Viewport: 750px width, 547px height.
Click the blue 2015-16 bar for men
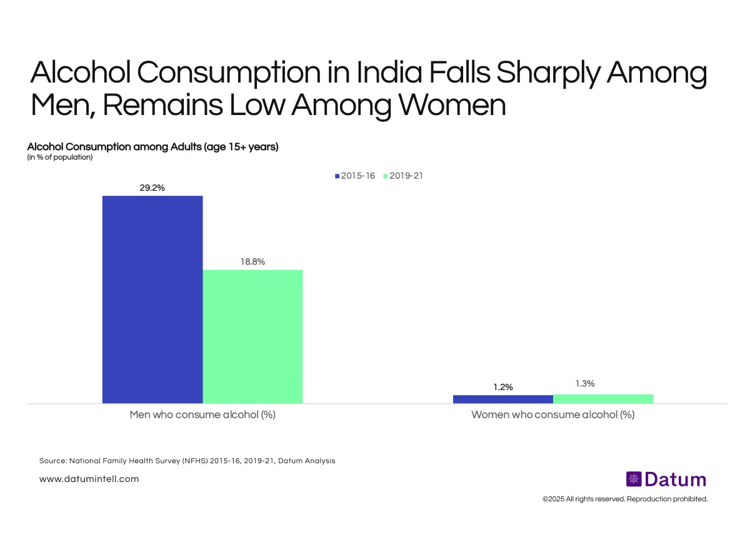click(152, 299)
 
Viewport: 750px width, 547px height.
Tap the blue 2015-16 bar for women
click(502, 399)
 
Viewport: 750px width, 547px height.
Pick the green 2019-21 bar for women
click(603, 398)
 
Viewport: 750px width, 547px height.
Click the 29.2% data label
click(152, 188)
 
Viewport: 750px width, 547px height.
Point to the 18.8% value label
click(252, 262)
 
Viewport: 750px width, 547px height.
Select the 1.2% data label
click(502, 387)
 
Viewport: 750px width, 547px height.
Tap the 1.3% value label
click(584, 384)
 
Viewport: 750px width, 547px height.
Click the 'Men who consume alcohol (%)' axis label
click(202, 414)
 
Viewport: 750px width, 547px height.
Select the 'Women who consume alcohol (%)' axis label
click(552, 414)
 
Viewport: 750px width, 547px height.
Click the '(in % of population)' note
click(60, 158)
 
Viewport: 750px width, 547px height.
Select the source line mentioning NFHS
click(187, 461)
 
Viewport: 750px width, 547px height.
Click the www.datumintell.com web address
click(89, 479)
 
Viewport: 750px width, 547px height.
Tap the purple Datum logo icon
click(634, 479)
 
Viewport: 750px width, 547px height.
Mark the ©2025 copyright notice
click(624, 499)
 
